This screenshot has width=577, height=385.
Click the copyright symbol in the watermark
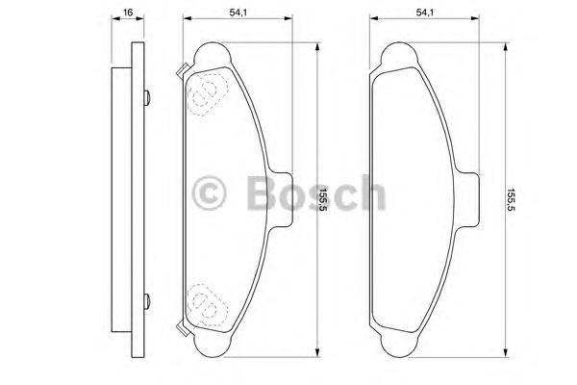209,192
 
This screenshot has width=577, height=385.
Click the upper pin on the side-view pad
145,95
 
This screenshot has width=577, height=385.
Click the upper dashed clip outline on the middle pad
204,92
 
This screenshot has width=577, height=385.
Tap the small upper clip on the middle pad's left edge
181,68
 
